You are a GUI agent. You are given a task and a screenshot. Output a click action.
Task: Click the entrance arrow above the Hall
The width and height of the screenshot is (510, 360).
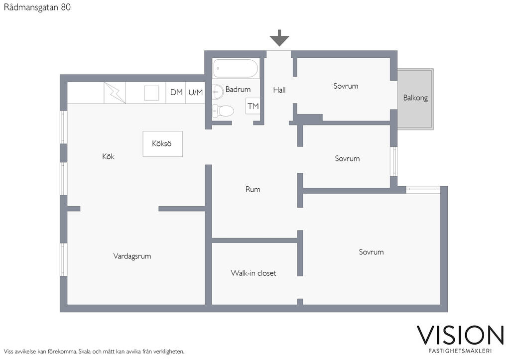(279, 38)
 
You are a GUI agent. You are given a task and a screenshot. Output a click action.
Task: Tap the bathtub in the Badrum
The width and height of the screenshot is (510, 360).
(236, 68)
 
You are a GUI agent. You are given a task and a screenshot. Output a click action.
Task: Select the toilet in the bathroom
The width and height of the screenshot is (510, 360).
(223, 111)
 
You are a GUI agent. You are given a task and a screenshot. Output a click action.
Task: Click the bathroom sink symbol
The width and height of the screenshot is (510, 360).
(218, 92)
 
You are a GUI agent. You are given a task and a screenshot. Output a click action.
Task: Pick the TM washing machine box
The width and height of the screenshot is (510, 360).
(253, 106)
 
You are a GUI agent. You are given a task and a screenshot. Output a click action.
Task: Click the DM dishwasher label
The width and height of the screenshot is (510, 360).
(177, 92)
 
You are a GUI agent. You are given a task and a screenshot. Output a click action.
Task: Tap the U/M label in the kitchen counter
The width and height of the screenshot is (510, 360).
(195, 93)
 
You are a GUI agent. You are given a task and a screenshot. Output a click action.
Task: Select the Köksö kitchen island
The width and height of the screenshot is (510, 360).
(163, 144)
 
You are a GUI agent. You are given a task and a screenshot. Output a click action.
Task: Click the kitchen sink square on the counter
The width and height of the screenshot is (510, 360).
(151, 93)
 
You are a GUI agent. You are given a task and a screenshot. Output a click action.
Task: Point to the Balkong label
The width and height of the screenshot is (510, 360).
(415, 98)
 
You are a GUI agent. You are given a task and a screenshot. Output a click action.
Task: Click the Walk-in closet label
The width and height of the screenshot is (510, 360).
(254, 273)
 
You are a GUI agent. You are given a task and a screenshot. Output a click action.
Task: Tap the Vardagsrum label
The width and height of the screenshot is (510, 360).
(132, 256)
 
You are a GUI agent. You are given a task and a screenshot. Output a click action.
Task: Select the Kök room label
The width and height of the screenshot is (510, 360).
(108, 156)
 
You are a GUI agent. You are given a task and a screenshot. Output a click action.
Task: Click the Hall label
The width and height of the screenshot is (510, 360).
(279, 90)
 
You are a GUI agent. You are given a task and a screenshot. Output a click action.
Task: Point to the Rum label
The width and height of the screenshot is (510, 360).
(253, 189)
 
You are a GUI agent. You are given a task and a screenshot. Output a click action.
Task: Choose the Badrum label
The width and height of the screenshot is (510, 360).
(238, 90)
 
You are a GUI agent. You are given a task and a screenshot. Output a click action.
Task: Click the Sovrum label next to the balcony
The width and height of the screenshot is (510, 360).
(346, 86)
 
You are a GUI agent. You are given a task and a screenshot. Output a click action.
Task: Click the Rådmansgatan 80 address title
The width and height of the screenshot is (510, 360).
(37, 7)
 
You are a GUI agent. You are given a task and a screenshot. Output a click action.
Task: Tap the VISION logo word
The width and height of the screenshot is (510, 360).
(460, 335)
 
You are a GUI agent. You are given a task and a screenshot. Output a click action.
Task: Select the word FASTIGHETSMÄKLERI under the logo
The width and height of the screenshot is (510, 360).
(460, 351)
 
